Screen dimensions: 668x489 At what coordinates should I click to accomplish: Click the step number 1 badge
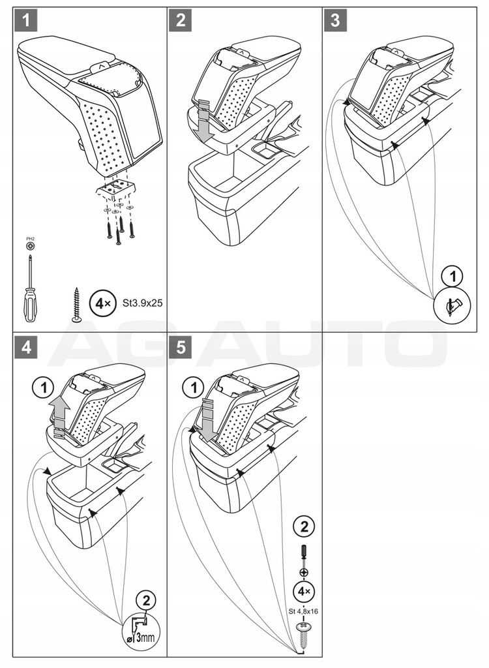pyautogui.click(x=26, y=20)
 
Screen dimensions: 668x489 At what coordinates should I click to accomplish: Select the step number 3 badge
pyautogui.click(x=335, y=20)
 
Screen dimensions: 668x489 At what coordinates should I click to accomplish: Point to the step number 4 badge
pyautogui.click(x=26, y=348)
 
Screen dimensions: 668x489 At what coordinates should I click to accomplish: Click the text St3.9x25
pyautogui.click(x=142, y=304)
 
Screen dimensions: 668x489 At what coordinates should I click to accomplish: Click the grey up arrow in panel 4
pyautogui.click(x=60, y=415)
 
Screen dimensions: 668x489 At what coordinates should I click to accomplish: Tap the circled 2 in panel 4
pyautogui.click(x=147, y=600)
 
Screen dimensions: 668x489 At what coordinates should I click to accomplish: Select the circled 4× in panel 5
pyautogui.click(x=303, y=592)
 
